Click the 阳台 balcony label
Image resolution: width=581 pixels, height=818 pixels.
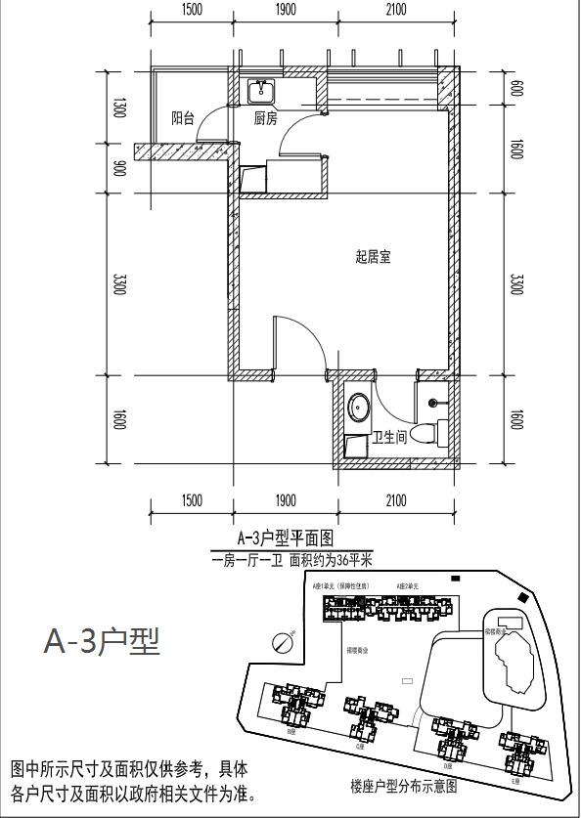(182, 118)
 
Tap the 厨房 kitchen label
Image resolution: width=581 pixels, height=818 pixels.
(265, 118)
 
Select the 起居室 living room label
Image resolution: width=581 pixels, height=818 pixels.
(373, 258)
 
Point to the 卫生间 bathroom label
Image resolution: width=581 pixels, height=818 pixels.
(389, 438)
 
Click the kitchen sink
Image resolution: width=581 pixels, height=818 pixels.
(261, 92)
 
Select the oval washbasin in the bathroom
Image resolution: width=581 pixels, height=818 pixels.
(359, 406)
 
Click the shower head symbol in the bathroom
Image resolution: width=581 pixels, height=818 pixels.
(433, 402)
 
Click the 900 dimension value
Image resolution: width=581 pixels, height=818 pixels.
(119, 167)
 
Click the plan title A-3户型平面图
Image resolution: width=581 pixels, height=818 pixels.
(286, 538)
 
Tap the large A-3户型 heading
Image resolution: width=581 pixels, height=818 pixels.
(102, 642)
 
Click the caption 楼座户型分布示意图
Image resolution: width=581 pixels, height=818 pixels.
(403, 784)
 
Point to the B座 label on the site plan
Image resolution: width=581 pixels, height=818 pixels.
(291, 731)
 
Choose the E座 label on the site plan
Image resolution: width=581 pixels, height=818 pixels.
(514, 781)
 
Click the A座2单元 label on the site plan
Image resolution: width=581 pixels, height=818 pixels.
(409, 585)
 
